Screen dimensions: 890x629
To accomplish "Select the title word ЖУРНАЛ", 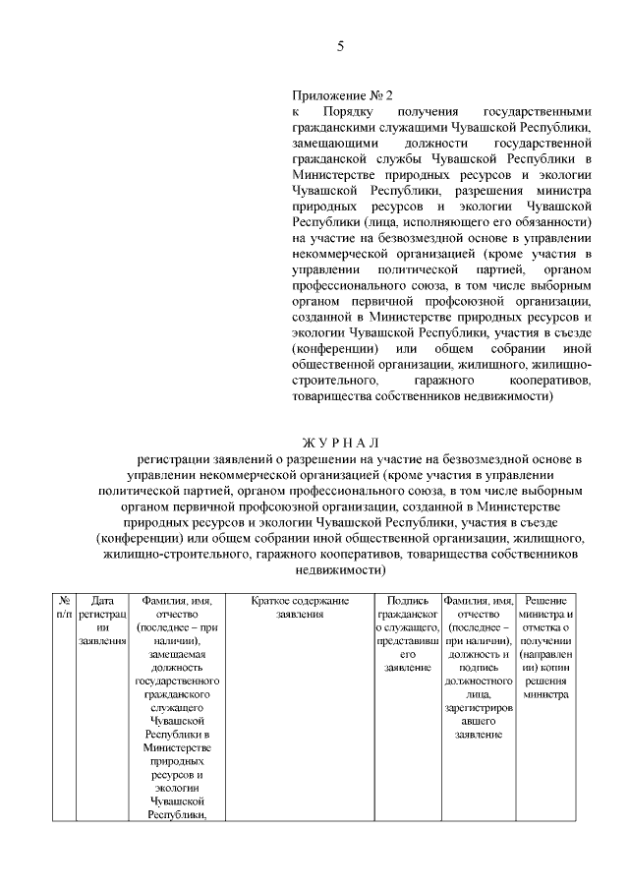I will coord(339,443).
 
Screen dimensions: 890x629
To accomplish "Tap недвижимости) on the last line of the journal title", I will coord(339,569).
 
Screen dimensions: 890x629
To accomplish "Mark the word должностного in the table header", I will coord(479,681).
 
